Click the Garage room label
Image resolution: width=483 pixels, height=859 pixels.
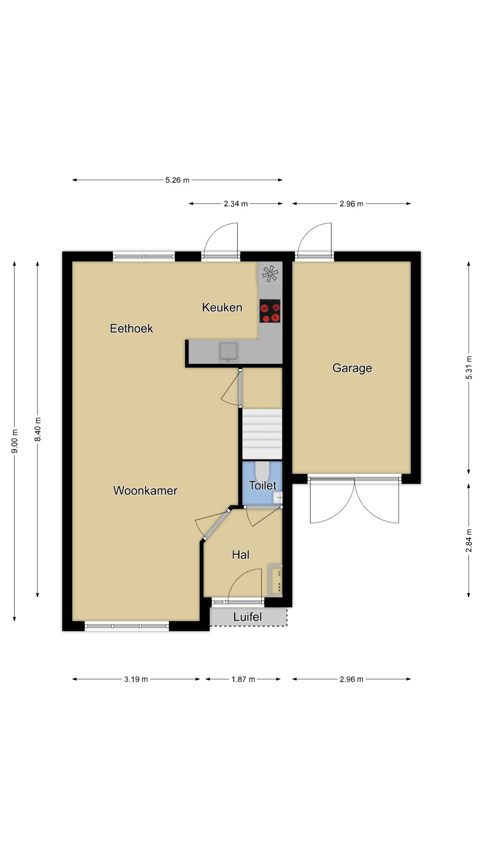coord(352,368)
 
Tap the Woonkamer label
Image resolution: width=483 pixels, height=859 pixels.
coord(145,490)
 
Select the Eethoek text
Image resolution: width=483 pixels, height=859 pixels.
coord(131,328)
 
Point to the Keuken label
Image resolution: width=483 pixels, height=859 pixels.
coord(222,307)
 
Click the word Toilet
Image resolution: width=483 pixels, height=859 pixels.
coord(263,485)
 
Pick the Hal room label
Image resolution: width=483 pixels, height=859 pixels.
coord(241,555)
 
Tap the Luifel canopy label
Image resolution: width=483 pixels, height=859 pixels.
coord(247,617)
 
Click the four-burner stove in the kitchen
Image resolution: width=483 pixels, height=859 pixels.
coord(270,311)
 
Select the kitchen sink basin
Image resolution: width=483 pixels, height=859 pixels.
coord(229,352)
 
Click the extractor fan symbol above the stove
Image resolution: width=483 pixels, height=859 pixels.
coord(270,274)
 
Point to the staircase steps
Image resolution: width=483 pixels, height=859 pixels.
coord(262,434)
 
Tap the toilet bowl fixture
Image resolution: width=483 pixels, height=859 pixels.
coord(262,471)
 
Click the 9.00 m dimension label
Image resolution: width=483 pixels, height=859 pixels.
coord(15,441)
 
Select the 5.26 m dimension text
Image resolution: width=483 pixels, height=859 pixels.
coord(178,180)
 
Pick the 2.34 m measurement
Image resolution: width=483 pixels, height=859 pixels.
coord(236,204)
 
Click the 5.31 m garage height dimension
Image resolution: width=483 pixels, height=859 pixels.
coord(469,368)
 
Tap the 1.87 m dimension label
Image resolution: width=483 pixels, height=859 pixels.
coord(243,679)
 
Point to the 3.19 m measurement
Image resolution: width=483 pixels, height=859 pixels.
coord(136,679)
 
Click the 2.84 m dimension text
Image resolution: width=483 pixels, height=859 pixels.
coord(469,540)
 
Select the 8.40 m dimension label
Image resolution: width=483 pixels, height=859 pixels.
coord(38,429)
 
